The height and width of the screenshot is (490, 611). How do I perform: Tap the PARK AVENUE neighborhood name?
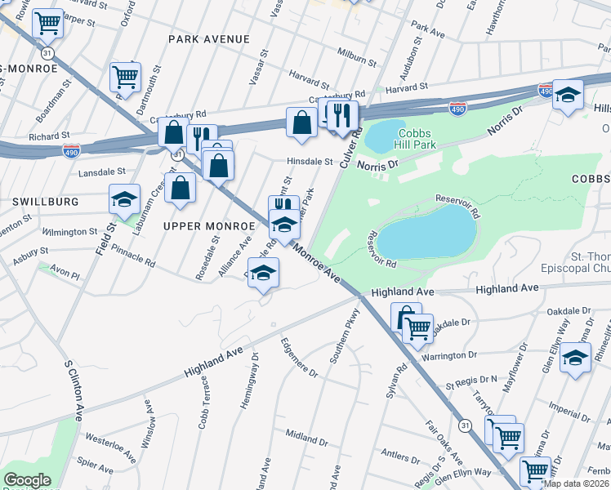click(x=208, y=39)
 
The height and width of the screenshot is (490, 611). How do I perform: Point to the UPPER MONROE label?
click(x=201, y=225)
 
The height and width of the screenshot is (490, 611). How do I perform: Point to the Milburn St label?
click(x=357, y=58)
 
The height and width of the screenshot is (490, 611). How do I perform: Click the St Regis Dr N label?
click(x=471, y=381)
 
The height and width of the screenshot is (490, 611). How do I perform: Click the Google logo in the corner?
click(x=27, y=480)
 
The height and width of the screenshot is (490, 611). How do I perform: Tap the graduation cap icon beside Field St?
click(x=124, y=200)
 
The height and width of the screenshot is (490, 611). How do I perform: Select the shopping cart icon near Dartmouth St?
click(x=125, y=78)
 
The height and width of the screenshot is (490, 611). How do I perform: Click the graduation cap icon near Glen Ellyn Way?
click(x=575, y=358)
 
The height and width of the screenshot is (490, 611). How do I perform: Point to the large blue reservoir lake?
click(x=426, y=232)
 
